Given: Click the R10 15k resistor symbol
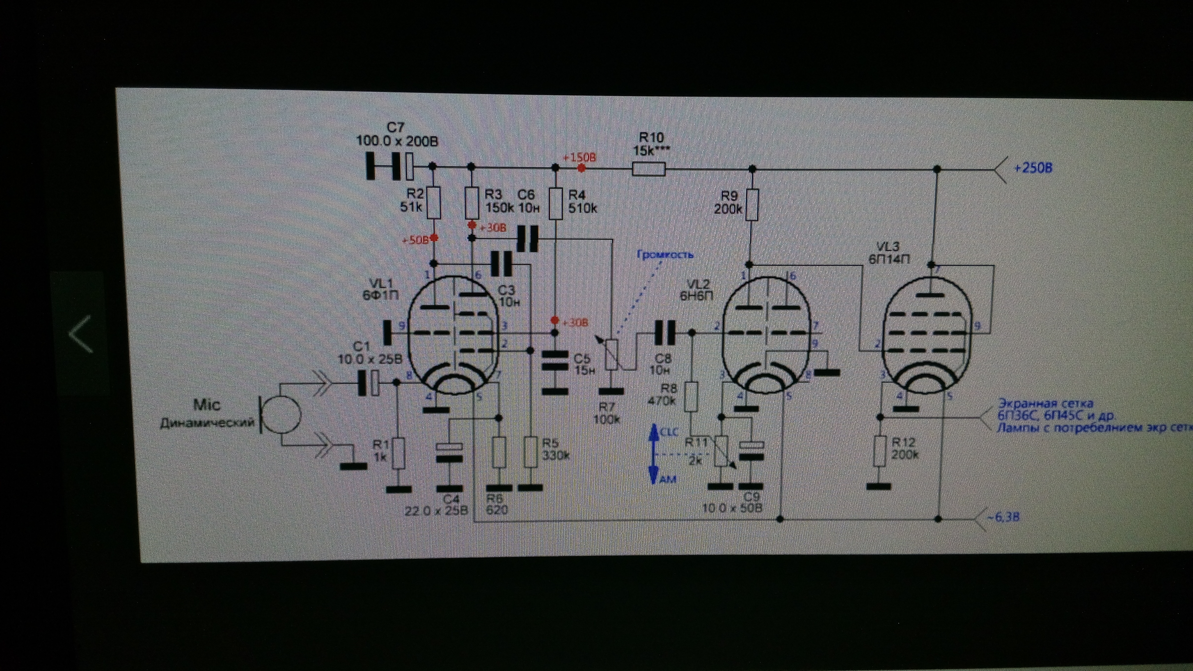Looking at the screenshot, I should (649, 169).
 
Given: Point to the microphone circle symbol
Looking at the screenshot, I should (281, 414).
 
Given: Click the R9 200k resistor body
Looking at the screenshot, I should (752, 205).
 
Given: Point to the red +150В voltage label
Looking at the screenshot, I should (579, 157).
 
